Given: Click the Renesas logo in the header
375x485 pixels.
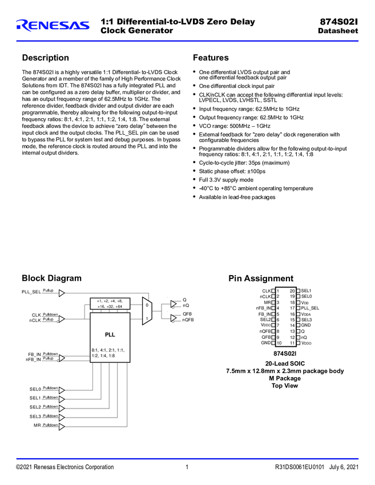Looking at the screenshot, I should click(x=53, y=25).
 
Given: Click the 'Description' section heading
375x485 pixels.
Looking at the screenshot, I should click(x=45, y=58).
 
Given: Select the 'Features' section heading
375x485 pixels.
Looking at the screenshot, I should click(x=211, y=58).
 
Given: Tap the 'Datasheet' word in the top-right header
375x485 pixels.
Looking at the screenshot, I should click(x=337, y=31).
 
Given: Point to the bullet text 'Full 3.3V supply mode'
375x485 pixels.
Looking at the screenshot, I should click(x=226, y=180).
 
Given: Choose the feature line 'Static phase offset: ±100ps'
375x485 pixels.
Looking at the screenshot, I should click(x=232, y=171).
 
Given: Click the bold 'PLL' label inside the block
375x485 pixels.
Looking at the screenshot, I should click(x=110, y=334).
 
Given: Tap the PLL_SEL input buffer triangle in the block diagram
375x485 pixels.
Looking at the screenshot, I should click(x=62, y=293).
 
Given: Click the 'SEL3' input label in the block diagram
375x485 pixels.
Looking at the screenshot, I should click(x=35, y=417).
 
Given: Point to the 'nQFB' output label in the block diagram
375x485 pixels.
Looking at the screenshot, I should click(x=188, y=320).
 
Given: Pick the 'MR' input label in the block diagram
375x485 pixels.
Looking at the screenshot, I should click(x=37, y=426).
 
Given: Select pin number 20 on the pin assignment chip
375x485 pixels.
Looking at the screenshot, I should click(x=292, y=291).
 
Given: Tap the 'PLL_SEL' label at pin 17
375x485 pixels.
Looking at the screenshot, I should click(x=311, y=308).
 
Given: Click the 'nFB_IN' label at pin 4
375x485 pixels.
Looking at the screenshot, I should click(x=263, y=308).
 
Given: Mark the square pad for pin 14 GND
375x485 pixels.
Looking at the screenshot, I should click(x=298, y=325).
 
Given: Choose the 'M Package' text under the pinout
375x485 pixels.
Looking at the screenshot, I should click(x=285, y=378).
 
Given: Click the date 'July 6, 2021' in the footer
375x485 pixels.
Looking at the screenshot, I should click(x=344, y=467).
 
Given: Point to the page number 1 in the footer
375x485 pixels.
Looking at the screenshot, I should click(x=187, y=467).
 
